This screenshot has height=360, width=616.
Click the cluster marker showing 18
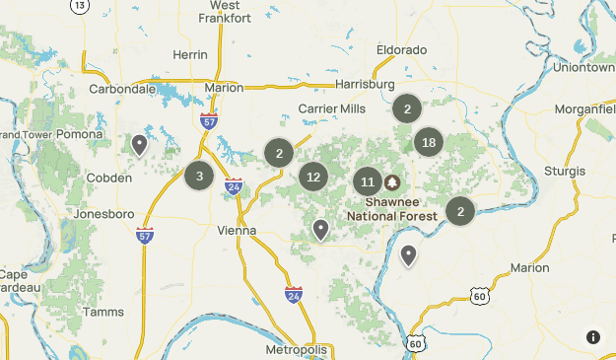(428, 143)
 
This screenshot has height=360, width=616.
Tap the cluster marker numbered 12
(313, 178)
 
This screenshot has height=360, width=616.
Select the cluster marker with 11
(368, 182)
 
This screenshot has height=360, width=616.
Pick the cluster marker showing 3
(199, 177)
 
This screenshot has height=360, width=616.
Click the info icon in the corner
(593, 337)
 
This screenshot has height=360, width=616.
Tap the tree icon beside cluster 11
(392, 182)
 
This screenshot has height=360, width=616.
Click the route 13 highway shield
(79, 5)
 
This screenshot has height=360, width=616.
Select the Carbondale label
(123, 89)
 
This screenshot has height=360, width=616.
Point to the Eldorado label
(400, 49)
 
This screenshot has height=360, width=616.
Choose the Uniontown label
(583, 68)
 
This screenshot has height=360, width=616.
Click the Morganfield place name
(585, 108)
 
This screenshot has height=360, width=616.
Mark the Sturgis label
(564, 171)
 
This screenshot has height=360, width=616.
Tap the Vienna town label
(237, 231)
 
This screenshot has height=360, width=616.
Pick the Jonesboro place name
(104, 213)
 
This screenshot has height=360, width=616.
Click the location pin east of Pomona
(140, 145)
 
